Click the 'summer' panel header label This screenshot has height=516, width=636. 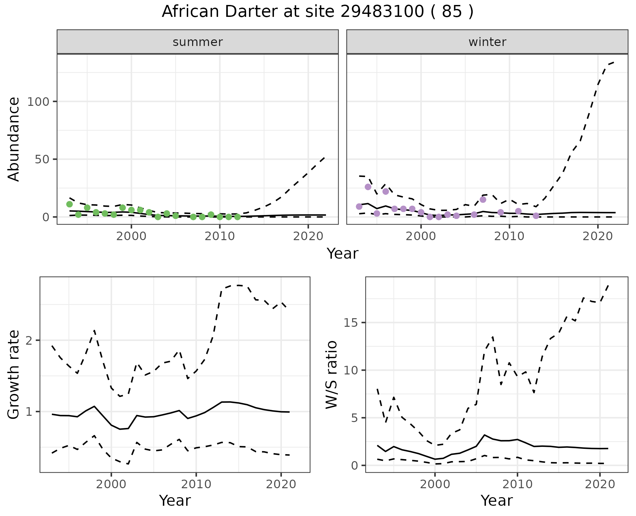(x=198, y=42)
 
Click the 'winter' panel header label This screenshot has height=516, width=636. (x=487, y=42)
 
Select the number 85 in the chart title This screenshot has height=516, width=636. (x=451, y=12)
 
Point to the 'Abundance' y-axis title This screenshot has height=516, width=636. (x=14, y=139)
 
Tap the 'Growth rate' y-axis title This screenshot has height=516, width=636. (x=14, y=375)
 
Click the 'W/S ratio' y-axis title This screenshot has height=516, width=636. (x=331, y=375)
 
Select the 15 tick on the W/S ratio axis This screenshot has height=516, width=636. (x=352, y=323)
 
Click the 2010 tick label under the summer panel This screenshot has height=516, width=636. (x=220, y=236)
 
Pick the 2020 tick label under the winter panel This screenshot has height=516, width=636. (x=598, y=236)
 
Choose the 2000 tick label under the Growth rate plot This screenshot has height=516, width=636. (x=111, y=484)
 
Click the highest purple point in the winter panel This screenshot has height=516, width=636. (x=368, y=187)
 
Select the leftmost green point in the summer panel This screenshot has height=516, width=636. (x=70, y=204)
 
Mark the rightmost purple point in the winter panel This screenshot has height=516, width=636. (x=536, y=216)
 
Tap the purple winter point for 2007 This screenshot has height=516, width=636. (x=483, y=199)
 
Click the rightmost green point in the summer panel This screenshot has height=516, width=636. (x=238, y=217)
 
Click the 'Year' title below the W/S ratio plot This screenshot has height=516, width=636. (x=497, y=501)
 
